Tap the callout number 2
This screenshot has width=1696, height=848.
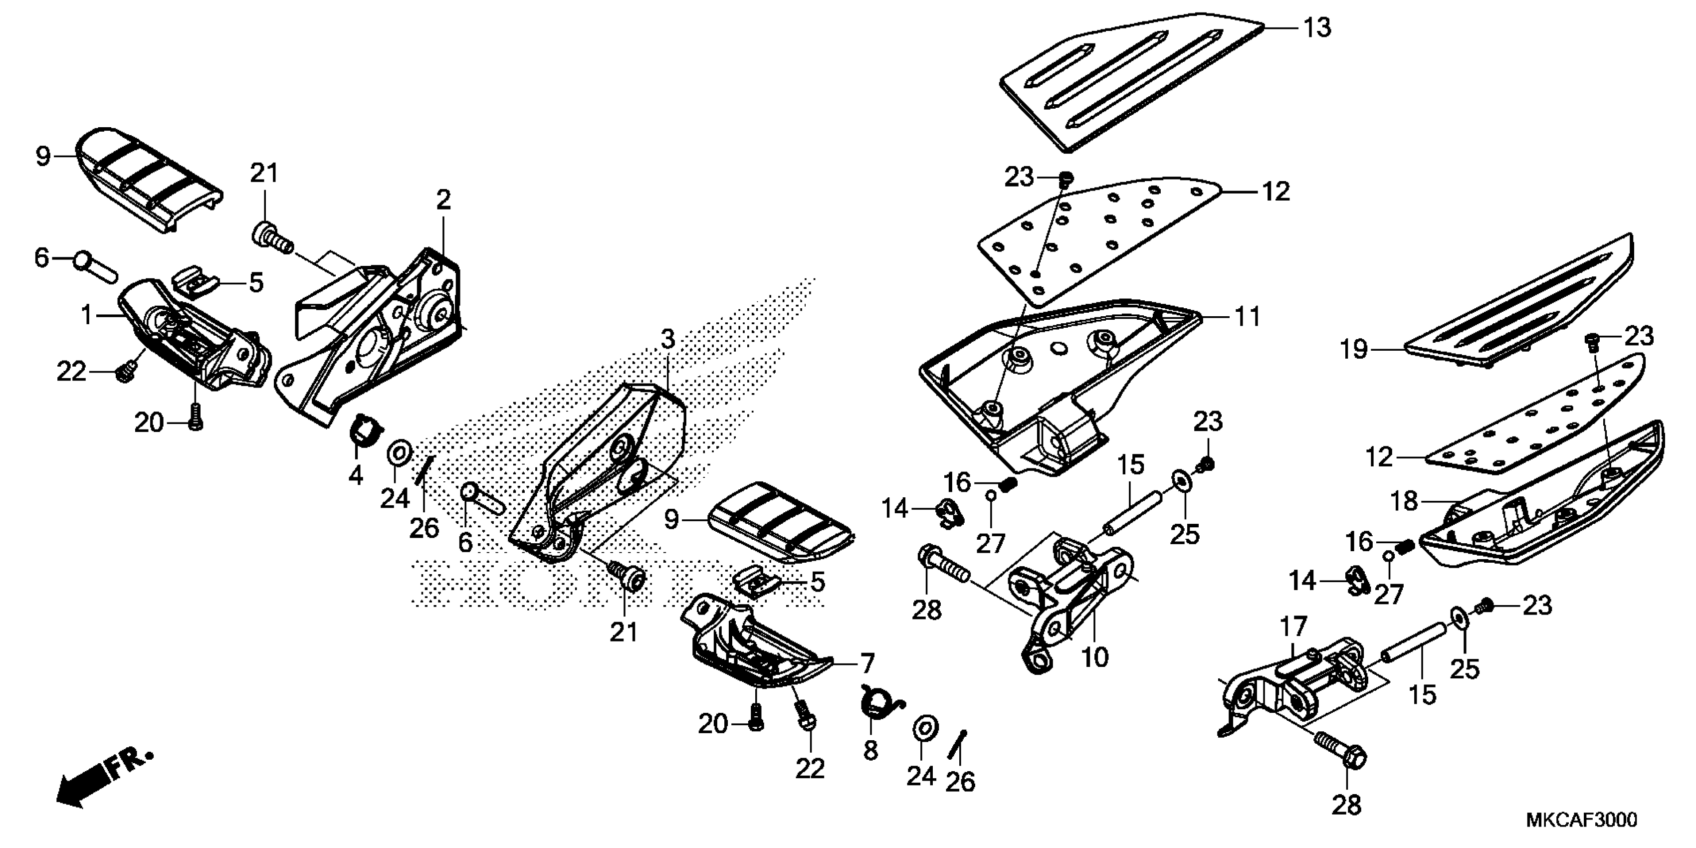(x=444, y=200)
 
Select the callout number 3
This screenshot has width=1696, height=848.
(x=667, y=340)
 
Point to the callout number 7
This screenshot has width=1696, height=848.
(x=866, y=662)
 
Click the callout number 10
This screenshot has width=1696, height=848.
(x=1095, y=656)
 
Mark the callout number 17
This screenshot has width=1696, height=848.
(x=1293, y=628)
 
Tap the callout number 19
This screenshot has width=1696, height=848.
(x=1354, y=350)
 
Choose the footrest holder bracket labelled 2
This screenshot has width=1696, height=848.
(x=382, y=329)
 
